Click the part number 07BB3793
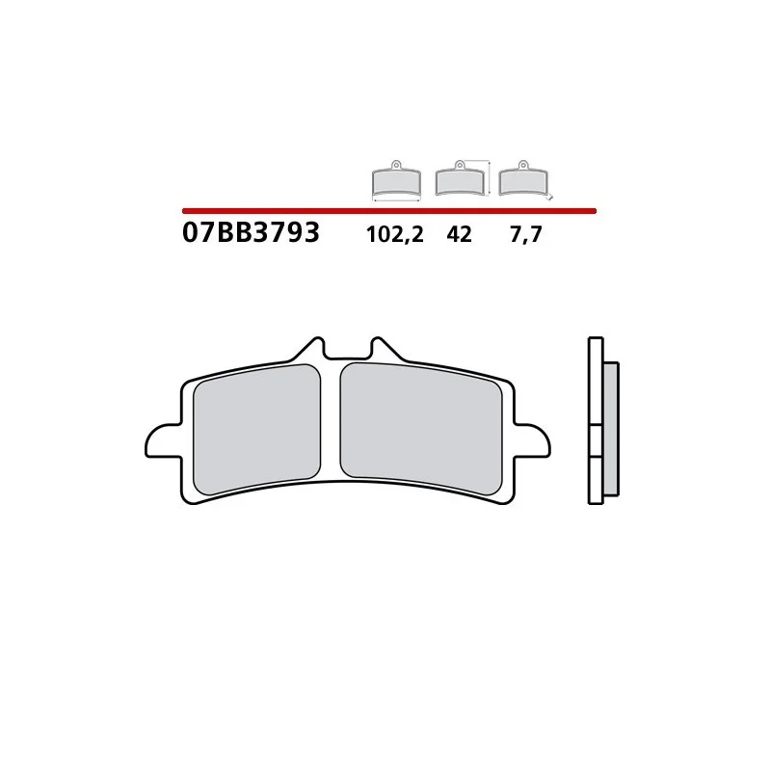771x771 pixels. pyautogui.click(x=250, y=233)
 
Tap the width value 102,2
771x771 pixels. pyautogui.click(x=394, y=234)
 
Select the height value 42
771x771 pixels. pyautogui.click(x=460, y=234)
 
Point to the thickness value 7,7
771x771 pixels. pyautogui.click(x=527, y=234)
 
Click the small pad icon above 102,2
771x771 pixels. pyautogui.click(x=395, y=180)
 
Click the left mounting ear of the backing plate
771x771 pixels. pyautogui.click(x=162, y=440)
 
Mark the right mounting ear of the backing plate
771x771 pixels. pyautogui.click(x=532, y=440)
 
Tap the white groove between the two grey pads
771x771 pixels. pyautogui.click(x=331, y=424)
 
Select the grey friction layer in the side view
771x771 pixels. pyautogui.click(x=610, y=429)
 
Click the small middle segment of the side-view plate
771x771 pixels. pyautogui.click(x=595, y=440)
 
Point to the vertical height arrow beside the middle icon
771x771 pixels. pyautogui.click(x=492, y=178)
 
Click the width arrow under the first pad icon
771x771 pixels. pyautogui.click(x=395, y=199)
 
